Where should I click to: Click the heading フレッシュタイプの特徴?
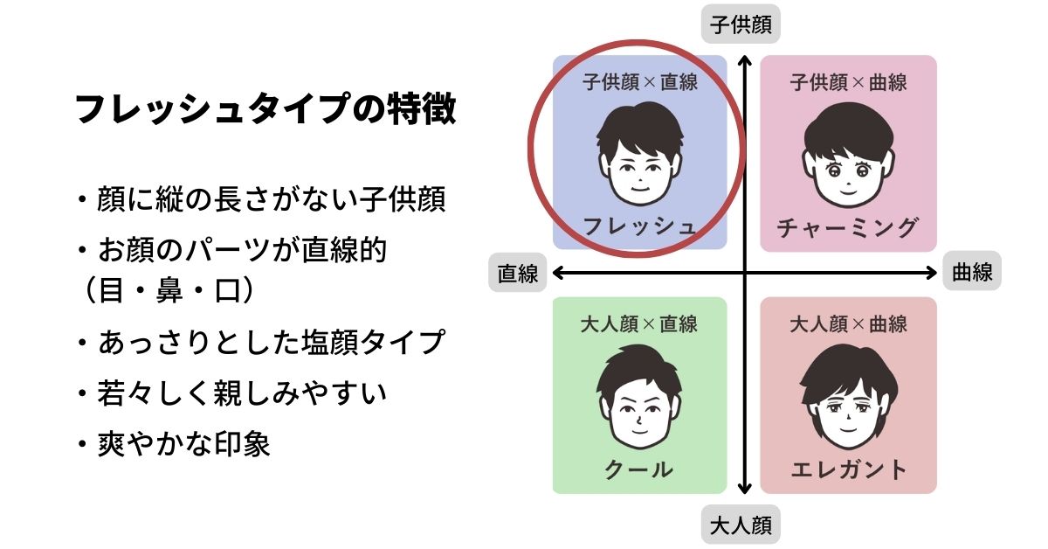click(x=265, y=108)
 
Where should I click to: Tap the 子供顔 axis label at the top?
click(x=741, y=24)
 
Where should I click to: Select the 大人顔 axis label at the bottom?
click(x=741, y=525)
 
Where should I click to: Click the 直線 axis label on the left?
click(x=517, y=273)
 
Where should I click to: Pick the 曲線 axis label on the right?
click(x=972, y=271)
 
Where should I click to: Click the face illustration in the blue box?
click(x=639, y=155)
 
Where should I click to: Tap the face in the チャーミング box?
click(x=848, y=156)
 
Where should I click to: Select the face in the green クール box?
click(x=639, y=397)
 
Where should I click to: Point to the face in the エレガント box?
click(x=848, y=397)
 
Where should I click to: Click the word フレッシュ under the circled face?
click(x=639, y=226)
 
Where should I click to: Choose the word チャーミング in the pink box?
click(x=847, y=227)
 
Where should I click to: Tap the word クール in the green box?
click(x=639, y=469)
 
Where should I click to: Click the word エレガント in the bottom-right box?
click(x=848, y=469)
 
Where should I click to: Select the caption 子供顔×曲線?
click(x=848, y=82)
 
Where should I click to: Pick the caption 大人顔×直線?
click(x=639, y=324)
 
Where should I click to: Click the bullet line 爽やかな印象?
click(x=175, y=443)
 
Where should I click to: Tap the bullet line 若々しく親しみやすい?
click(x=232, y=393)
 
